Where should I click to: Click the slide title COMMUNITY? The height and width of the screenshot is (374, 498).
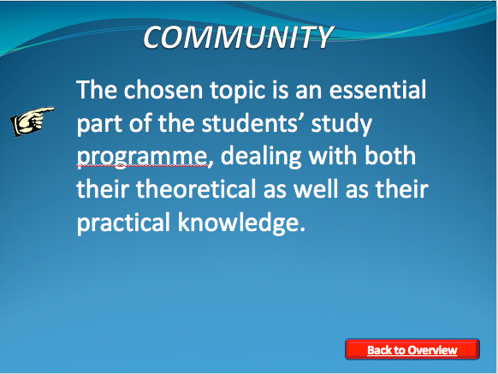click(238, 37)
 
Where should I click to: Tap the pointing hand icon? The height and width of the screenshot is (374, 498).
click(33, 122)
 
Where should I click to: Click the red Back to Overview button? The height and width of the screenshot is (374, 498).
click(412, 349)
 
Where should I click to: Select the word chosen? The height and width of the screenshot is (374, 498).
click(163, 90)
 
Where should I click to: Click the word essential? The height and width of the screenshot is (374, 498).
click(377, 90)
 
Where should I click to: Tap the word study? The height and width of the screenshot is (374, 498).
click(341, 125)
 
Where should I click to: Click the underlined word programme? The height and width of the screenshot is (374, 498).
click(142, 157)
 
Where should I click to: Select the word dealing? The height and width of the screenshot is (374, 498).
click(261, 157)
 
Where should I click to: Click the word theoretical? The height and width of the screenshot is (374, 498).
click(196, 189)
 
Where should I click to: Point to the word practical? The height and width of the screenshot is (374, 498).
click(123, 223)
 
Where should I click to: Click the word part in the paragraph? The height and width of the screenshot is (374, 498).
click(99, 125)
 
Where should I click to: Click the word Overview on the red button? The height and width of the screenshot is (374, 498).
click(433, 350)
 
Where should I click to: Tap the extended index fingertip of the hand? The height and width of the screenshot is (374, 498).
click(52, 110)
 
